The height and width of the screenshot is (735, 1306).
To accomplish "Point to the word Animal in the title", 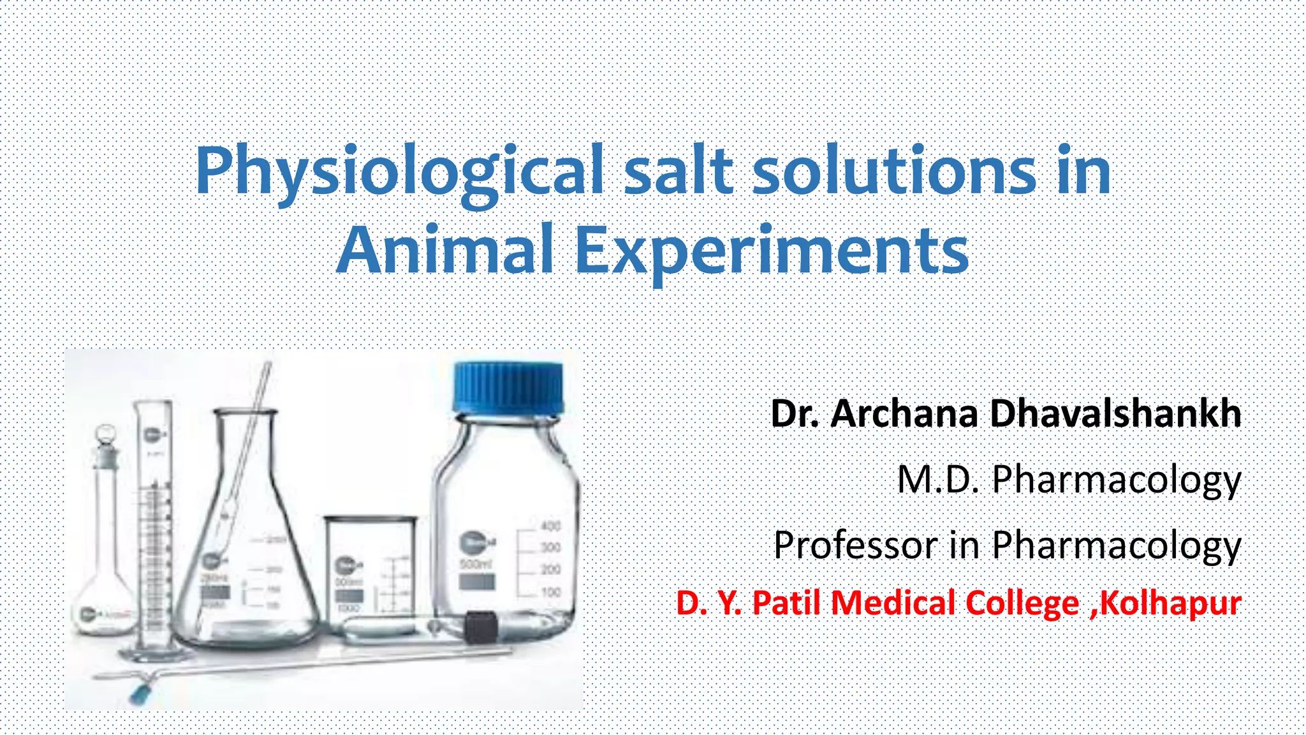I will (x=444, y=250).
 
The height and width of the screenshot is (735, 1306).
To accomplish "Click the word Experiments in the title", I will (x=772, y=251).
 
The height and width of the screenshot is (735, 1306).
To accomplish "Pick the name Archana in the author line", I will (x=905, y=413).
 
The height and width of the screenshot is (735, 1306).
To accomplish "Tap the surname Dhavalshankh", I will (x=1115, y=413).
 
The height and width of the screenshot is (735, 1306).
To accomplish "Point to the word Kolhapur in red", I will (x=1171, y=603).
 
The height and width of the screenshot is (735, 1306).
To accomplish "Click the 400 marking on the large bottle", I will (x=550, y=526).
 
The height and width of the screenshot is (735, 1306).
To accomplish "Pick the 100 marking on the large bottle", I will (x=550, y=592).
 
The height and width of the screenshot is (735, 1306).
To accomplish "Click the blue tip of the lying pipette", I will (x=137, y=694).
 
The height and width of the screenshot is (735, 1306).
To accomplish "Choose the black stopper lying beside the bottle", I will (x=479, y=628).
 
